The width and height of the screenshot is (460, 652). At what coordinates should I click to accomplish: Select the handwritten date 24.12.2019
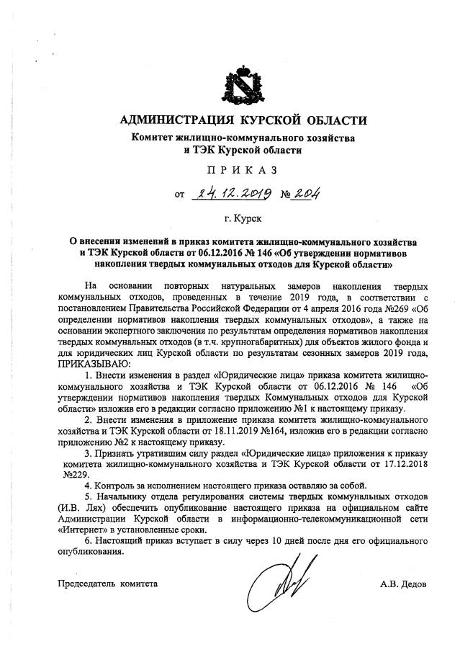227,192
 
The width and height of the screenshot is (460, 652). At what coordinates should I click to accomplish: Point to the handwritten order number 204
305,192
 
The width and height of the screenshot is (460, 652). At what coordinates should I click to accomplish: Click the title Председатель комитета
107,584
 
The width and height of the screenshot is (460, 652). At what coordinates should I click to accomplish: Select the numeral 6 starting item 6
87,541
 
